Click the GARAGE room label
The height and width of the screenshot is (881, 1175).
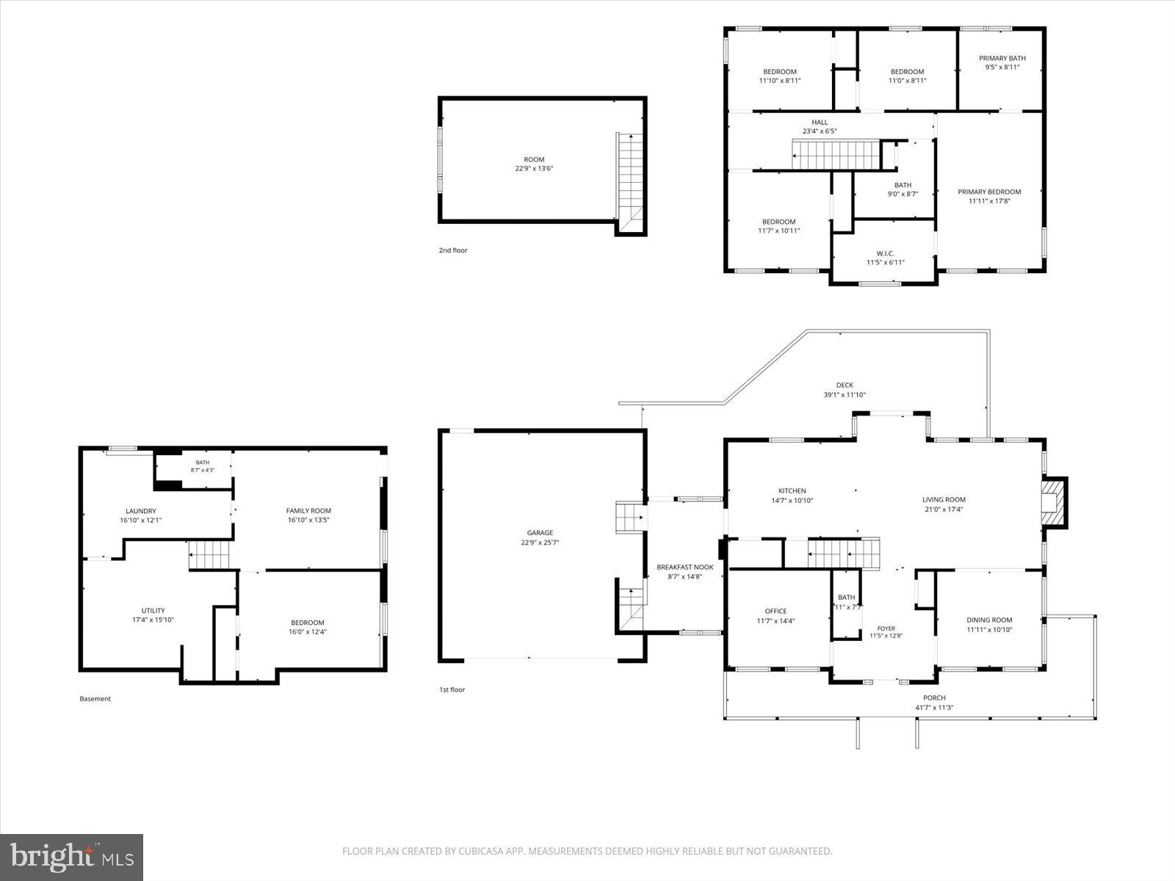540,533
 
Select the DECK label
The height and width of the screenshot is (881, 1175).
845,385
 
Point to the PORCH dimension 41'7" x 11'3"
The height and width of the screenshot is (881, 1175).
934,708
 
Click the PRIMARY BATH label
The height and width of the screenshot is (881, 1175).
1002,58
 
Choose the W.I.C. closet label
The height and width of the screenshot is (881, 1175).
886,253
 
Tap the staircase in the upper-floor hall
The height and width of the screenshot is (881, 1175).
836,155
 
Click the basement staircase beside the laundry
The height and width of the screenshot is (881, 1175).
210,555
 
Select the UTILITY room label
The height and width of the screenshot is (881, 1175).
153,610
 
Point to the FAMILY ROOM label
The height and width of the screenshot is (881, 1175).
308,511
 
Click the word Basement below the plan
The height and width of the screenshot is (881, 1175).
95,699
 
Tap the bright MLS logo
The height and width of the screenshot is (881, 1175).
72,858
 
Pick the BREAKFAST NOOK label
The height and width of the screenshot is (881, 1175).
685,567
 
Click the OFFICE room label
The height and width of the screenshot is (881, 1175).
775,611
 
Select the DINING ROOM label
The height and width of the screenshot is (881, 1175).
989,620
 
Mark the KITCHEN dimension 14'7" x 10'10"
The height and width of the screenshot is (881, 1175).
792,501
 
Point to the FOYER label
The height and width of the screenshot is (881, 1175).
886,628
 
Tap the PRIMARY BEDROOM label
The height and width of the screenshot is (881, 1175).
989,192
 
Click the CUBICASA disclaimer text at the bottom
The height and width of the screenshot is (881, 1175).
587,851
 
